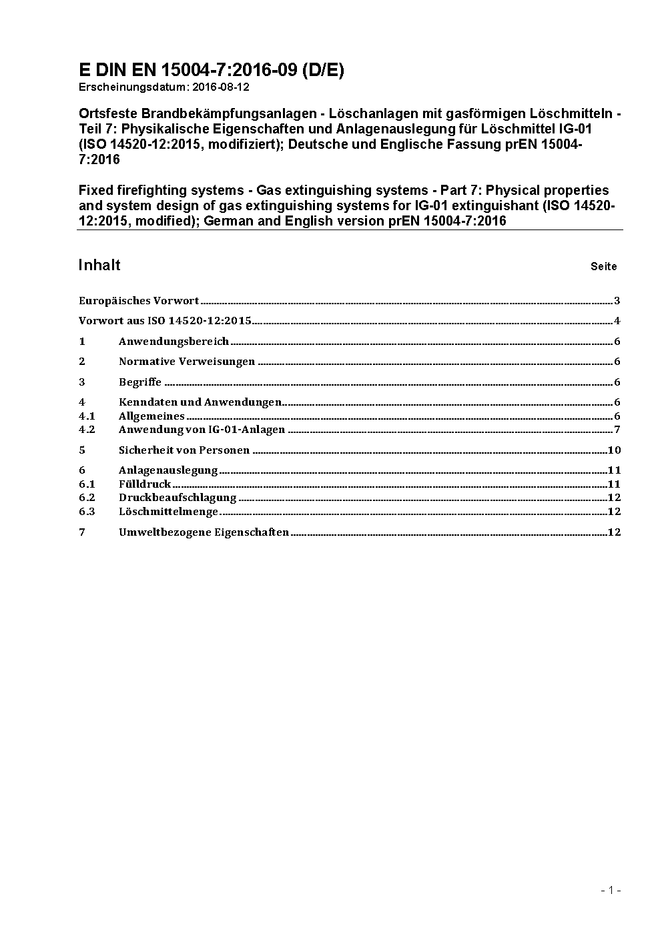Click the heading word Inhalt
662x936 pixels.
pyautogui.click(x=99, y=265)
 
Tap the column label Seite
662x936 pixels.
pyautogui.click(x=603, y=267)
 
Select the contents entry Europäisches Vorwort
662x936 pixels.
pyautogui.click(x=139, y=301)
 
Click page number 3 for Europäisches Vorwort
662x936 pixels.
pyautogui.click(x=617, y=301)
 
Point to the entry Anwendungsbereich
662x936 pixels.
pyautogui.click(x=174, y=342)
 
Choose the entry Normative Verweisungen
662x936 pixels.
pyautogui.click(x=187, y=362)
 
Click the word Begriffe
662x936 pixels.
pyautogui.click(x=140, y=382)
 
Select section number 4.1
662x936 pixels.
pyautogui.click(x=87, y=416)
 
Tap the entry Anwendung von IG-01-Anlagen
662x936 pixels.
pyautogui.click(x=202, y=430)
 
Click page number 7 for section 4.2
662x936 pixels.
pyautogui.click(x=617, y=430)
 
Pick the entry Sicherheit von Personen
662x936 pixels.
pyautogui.click(x=184, y=450)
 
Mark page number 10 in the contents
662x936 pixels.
pyautogui.click(x=615, y=450)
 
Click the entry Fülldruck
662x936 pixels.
pyautogui.click(x=145, y=484)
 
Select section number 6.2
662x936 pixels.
pyautogui.click(x=87, y=498)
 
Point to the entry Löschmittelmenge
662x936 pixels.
pyautogui.click(x=168, y=512)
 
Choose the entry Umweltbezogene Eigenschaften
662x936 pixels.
pyautogui.click(x=204, y=532)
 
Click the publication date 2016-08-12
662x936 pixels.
pyautogui.click(x=220, y=87)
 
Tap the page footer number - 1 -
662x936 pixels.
pyautogui.click(x=611, y=890)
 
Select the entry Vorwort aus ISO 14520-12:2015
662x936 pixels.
pyautogui.click(x=165, y=321)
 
